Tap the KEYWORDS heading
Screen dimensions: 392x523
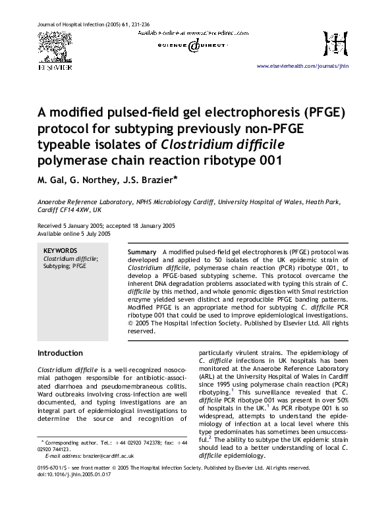pyautogui.click(x=60, y=251)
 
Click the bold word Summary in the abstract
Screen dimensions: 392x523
pyautogui.click(x=142, y=253)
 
